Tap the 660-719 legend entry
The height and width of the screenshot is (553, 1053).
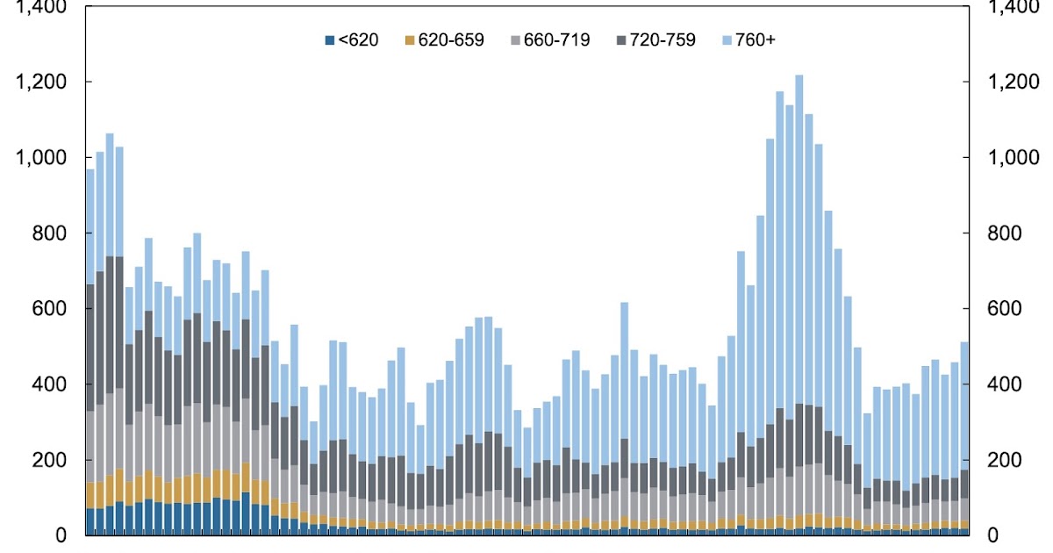(x=550, y=39)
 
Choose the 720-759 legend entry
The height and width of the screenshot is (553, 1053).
(x=656, y=39)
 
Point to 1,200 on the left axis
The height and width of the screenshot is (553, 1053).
(x=41, y=83)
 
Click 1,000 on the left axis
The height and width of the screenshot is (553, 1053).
(x=41, y=158)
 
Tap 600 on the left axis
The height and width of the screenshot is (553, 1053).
(x=49, y=309)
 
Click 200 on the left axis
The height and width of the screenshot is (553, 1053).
(x=49, y=460)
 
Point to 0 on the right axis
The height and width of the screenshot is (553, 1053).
(x=993, y=535)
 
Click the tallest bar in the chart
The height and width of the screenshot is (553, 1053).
(x=799, y=307)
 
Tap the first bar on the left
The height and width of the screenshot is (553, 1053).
(x=90, y=351)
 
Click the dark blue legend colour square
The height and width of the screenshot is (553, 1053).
(x=330, y=40)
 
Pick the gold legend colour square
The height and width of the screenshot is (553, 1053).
(x=410, y=40)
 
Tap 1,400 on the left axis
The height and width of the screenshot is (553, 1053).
(x=41, y=8)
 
